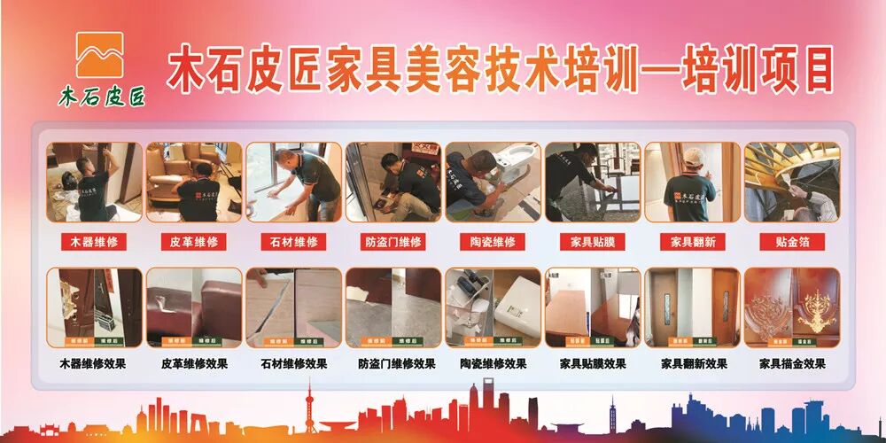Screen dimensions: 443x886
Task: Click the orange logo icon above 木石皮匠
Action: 99,54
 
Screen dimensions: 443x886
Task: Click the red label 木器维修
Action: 94,241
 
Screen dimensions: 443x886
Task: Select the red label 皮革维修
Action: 194,241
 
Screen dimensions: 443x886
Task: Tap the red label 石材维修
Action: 293,241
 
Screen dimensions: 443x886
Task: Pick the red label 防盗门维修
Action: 393,241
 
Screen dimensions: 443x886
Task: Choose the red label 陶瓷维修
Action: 493,241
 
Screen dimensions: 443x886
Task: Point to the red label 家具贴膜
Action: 593,241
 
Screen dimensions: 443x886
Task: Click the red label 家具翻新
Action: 692,241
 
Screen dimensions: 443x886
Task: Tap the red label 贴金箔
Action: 792,241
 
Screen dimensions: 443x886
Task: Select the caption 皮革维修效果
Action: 194,364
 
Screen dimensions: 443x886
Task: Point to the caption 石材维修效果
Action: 293,364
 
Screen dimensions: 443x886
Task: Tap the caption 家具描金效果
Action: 792,364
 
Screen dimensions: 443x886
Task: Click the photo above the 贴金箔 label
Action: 792,183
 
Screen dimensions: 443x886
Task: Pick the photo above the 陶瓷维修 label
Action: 493,183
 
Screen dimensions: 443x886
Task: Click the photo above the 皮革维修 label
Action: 194,183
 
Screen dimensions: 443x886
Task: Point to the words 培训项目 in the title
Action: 758,70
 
